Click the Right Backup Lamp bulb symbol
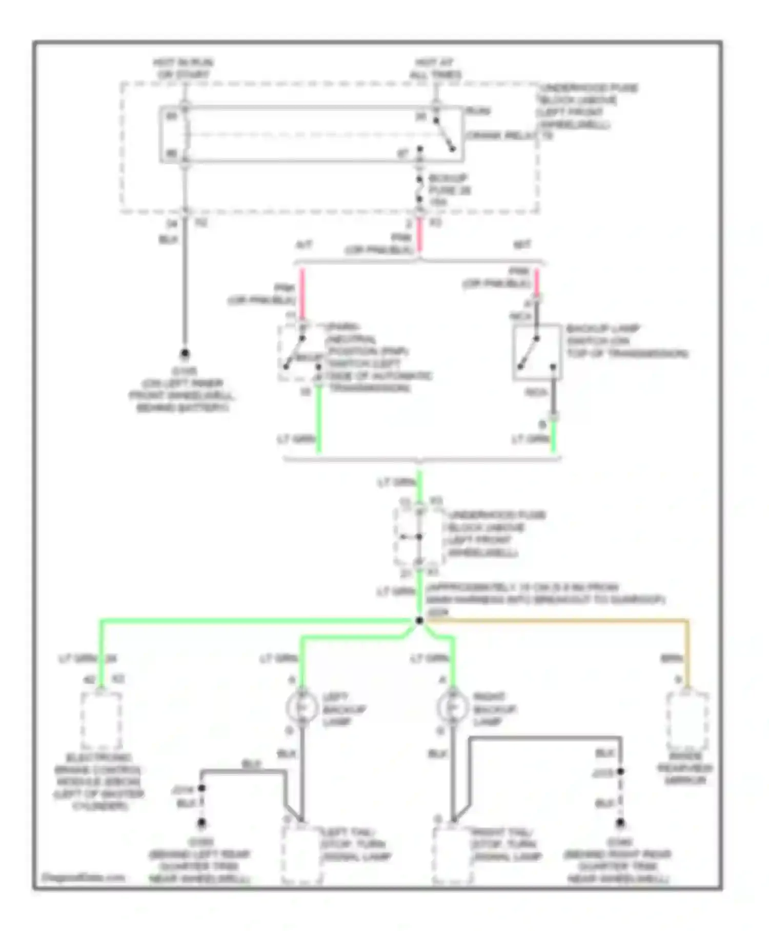pyautogui.click(x=452, y=708)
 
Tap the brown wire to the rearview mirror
pyautogui.click(x=564, y=622)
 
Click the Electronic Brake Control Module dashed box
pyautogui.click(x=101, y=722)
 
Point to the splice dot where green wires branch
pyautogui.click(x=419, y=621)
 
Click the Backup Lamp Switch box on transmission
pyautogui.click(x=537, y=353)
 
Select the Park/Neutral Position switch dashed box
pyautogui.click(x=301, y=353)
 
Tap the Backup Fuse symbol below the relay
pyautogui.click(x=419, y=190)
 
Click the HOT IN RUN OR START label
pyautogui.click(x=183, y=69)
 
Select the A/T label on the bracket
pyautogui.click(x=304, y=245)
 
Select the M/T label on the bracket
pyautogui.click(x=522, y=245)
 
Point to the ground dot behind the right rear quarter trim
pyautogui.click(x=620, y=823)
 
